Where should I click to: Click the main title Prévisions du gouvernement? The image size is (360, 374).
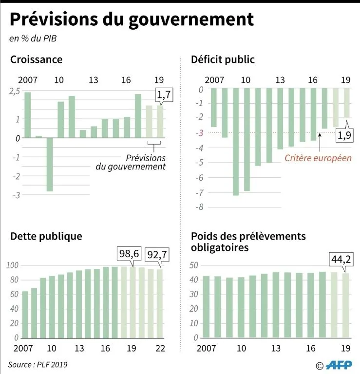(132, 19)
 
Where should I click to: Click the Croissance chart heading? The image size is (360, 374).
(37, 60)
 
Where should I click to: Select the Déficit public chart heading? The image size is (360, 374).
(223, 60)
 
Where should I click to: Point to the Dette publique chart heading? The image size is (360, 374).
(46, 237)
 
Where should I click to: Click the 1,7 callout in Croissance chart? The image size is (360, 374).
(164, 95)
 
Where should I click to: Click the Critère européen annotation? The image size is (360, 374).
(318, 158)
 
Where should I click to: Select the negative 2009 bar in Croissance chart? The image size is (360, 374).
(49, 164)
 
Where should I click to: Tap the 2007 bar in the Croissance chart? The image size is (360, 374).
(27, 115)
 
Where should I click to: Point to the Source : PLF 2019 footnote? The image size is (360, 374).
(38, 364)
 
